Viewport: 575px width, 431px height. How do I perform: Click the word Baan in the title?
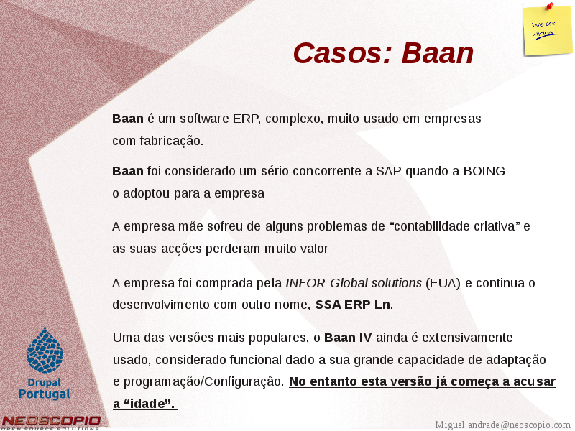pos(438,53)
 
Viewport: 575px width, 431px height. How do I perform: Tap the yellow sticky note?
pos(547,31)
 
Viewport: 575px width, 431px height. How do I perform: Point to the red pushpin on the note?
pos(550,6)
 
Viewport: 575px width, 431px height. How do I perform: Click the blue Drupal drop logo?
pos(45,350)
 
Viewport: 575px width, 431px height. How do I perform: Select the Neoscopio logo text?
pos(50,421)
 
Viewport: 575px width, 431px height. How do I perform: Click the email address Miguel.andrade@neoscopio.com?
pos(502,425)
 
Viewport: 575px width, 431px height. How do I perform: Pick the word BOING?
pos(484,171)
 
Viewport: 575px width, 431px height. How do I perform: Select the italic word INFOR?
pos(305,283)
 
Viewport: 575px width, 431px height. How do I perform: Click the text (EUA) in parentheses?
pos(443,283)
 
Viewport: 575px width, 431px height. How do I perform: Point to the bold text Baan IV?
pos(348,338)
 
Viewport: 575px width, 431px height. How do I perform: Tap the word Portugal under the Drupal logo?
pos(45,394)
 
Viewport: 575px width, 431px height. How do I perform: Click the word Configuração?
pos(244,382)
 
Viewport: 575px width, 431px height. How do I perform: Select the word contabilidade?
pos(428,226)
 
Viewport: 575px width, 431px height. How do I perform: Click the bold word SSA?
pos(328,305)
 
